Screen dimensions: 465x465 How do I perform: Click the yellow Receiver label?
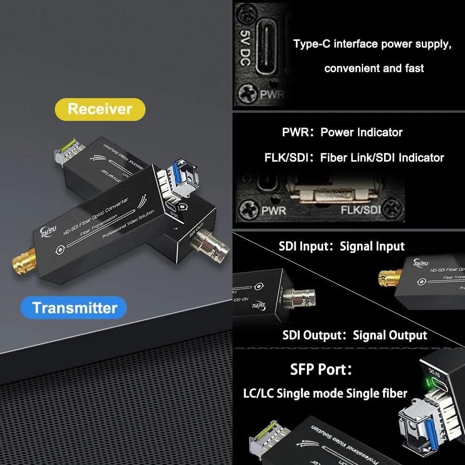(x=100, y=109)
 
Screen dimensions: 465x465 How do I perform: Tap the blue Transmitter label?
(x=74, y=308)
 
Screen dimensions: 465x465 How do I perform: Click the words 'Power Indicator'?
(x=361, y=132)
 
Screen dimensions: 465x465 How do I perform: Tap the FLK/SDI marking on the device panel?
(x=360, y=210)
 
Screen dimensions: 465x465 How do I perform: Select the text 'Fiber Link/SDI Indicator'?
(x=382, y=158)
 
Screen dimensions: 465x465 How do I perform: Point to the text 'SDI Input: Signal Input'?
(x=341, y=246)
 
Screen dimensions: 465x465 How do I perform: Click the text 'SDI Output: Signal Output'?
(x=354, y=335)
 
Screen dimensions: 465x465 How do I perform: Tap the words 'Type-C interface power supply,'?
(x=372, y=45)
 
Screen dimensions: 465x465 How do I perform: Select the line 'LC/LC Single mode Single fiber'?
(x=325, y=393)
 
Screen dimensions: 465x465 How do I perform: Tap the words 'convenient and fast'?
(x=374, y=68)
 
